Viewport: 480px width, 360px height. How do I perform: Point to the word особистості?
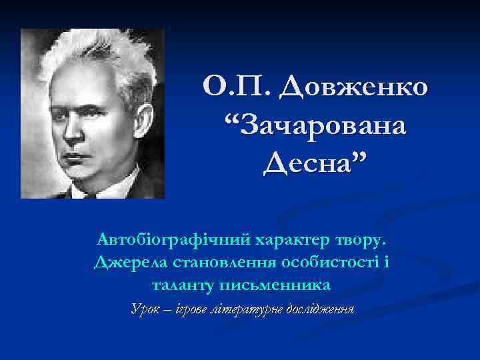331,261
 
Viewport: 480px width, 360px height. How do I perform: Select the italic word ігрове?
186,309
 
